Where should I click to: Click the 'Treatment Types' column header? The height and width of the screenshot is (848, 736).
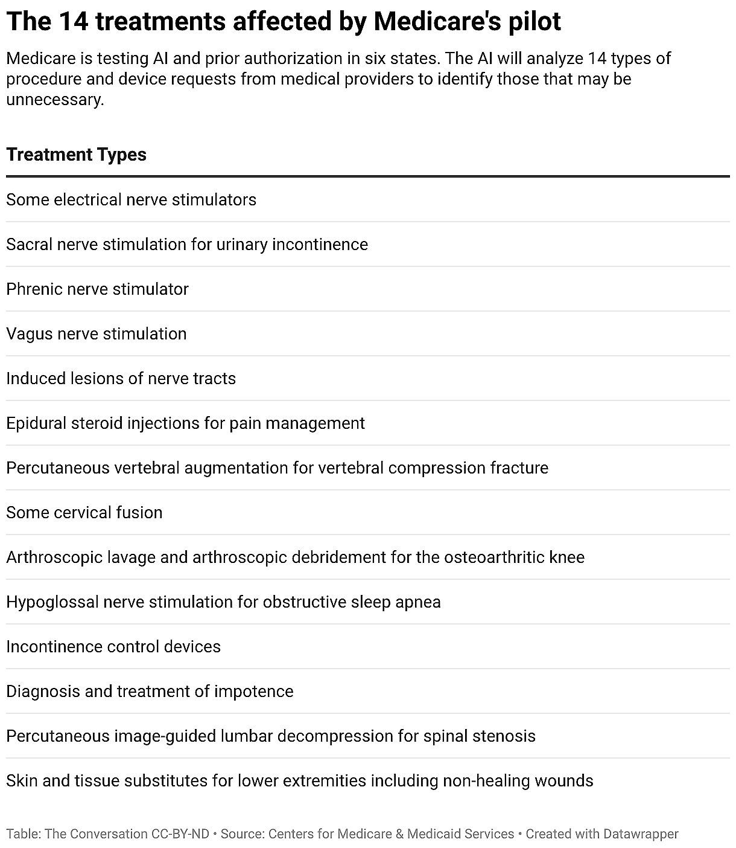[77, 155]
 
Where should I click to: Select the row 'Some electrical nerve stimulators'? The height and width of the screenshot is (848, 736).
[131, 200]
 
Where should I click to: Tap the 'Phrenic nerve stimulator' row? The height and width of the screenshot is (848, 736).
[97, 289]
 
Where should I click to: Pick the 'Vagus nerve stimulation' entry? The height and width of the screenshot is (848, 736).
[97, 334]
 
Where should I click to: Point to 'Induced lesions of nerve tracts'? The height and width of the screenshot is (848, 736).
[121, 379]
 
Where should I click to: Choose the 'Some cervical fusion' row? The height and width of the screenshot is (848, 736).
[84, 513]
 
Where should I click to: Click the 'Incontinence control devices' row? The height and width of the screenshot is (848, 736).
[113, 647]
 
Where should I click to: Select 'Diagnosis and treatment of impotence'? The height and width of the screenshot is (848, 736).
[150, 692]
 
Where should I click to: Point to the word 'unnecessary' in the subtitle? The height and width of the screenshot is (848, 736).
[54, 100]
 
